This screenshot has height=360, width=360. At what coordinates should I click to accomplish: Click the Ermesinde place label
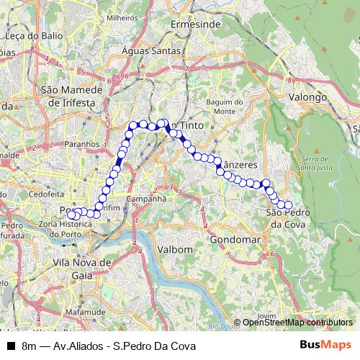coord(195,24)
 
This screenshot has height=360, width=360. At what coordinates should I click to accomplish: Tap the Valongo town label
coord(307,96)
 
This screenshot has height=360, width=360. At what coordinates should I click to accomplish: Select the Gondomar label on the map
coord(235,239)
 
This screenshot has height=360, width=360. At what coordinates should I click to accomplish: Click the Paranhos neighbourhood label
coord(81,143)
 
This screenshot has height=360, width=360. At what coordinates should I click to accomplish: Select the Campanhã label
coord(146,198)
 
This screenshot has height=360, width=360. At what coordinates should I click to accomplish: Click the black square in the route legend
coord(11,346)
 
